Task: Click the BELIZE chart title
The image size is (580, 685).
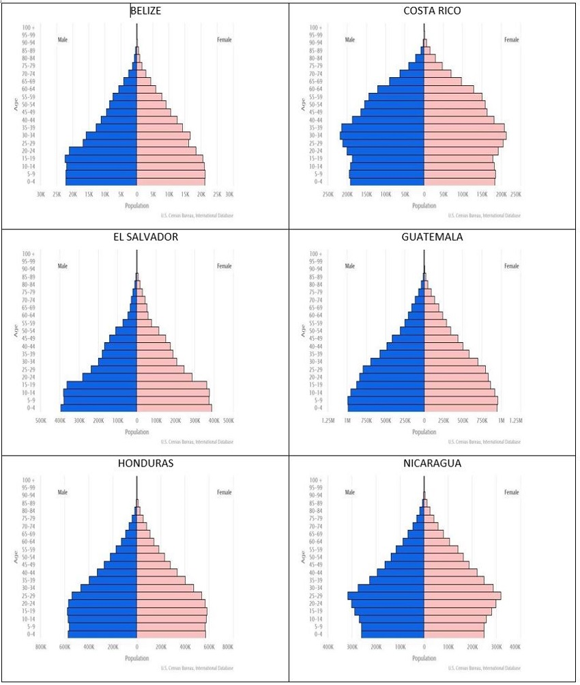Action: tap(146, 11)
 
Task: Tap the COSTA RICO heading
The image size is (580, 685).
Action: tap(433, 11)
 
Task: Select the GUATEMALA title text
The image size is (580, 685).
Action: tap(433, 237)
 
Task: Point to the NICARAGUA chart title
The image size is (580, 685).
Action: tap(433, 463)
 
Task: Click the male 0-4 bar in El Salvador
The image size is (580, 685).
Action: tap(99, 408)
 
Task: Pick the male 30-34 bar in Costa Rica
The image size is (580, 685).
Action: tap(382, 135)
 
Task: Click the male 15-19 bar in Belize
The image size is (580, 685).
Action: tap(101, 158)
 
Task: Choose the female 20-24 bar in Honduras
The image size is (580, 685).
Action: tap(171, 604)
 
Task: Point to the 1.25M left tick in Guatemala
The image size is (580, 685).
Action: tap(328, 420)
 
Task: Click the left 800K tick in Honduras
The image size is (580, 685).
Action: tap(40, 646)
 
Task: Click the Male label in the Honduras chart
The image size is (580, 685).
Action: tap(63, 492)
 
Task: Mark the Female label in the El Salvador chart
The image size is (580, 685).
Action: tap(224, 266)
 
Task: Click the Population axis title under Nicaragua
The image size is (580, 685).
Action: tap(424, 658)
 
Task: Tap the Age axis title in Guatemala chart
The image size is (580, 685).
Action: tap(302, 331)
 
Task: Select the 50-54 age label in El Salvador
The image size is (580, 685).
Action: tap(29, 331)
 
